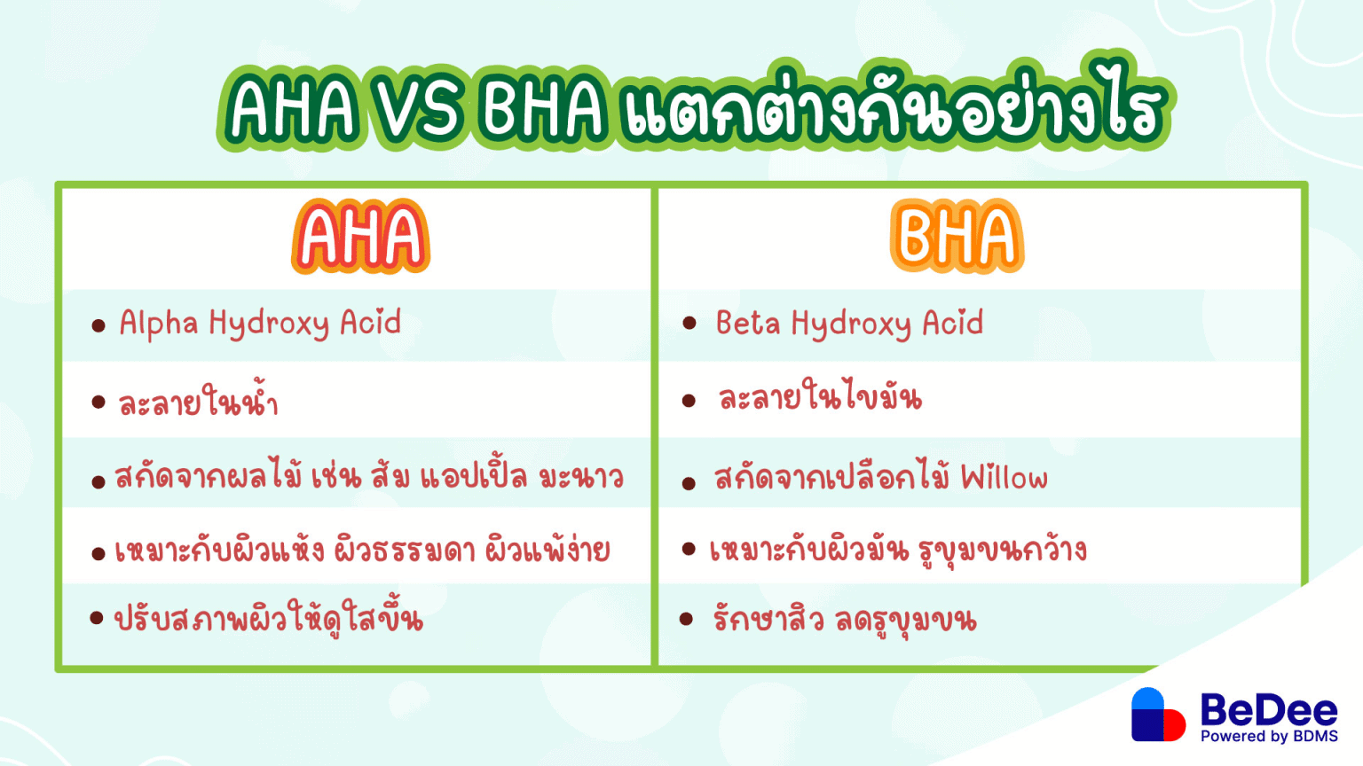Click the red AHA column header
click(360, 237)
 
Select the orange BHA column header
click(957, 237)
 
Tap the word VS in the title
click(418, 111)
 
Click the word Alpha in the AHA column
click(159, 324)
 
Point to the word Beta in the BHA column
click(747, 323)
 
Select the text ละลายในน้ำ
click(198, 402)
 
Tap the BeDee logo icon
click(1157, 715)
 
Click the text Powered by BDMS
click(1268, 737)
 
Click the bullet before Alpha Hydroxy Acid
click(98, 325)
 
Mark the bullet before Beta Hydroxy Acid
click(689, 323)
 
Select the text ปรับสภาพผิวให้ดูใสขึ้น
click(268, 619)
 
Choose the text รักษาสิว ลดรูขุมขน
click(844, 619)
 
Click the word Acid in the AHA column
click(370, 323)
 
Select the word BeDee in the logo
click(1268, 710)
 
